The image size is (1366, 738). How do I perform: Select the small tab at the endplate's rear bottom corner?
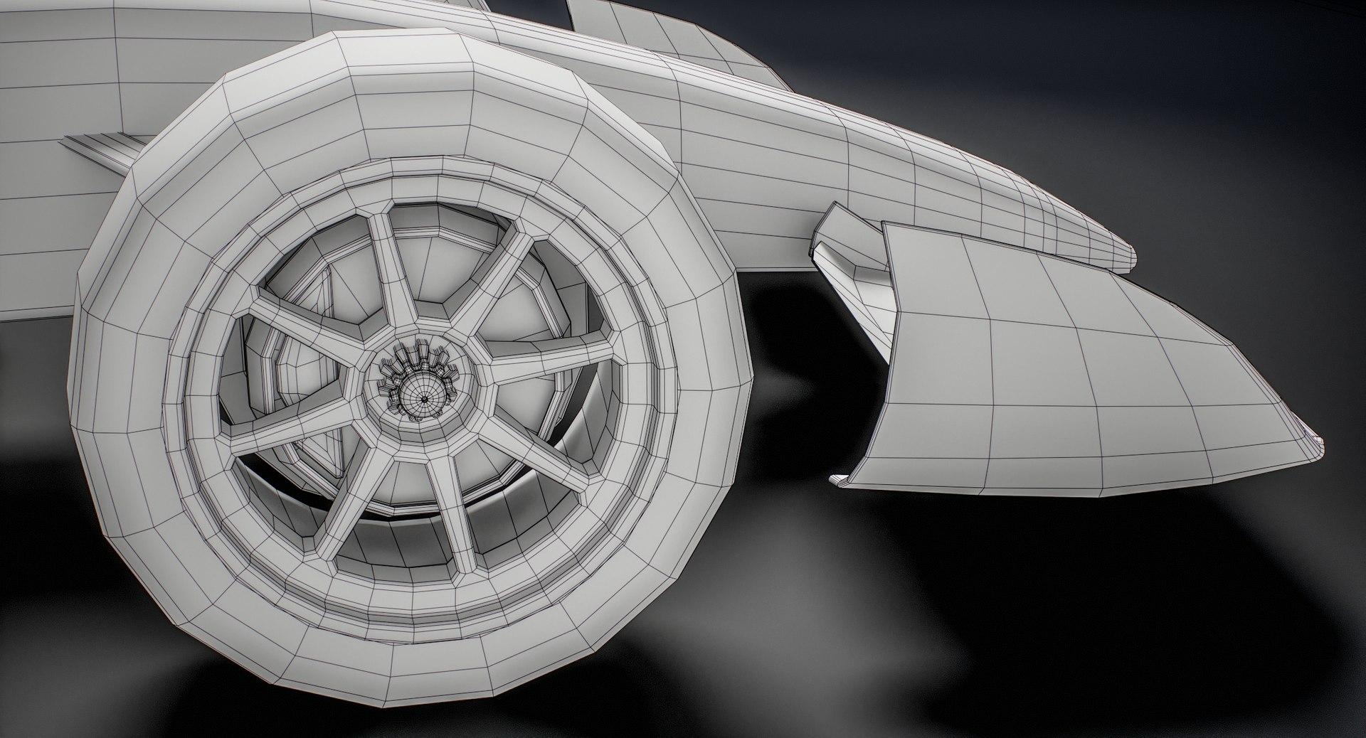click(841, 481)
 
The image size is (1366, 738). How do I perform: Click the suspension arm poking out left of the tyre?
click(100, 149)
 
